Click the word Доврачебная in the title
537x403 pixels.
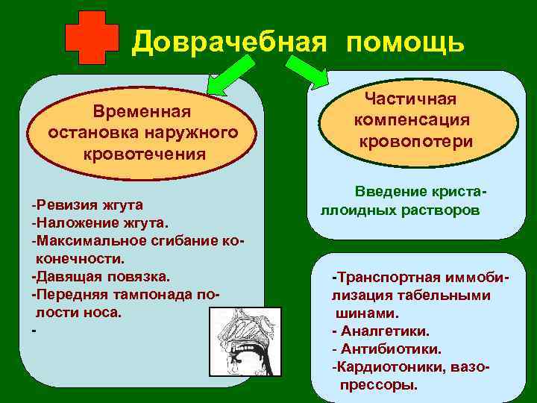228,43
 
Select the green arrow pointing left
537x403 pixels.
224,76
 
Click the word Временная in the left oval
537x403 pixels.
142,112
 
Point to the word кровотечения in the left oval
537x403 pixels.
144,154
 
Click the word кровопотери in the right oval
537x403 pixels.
415,141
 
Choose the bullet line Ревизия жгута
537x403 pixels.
87,204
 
